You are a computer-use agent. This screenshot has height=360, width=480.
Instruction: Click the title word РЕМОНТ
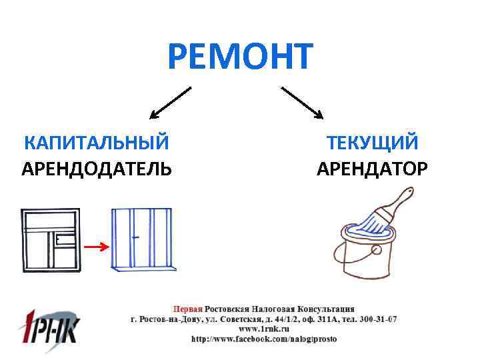click(240, 56)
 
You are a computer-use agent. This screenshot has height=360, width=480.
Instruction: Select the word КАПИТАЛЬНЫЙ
click(96, 142)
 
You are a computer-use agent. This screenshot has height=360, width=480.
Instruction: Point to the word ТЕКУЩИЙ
click(372, 142)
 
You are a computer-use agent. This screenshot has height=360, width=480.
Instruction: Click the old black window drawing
click(51, 240)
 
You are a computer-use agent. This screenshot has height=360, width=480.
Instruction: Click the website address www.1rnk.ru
click(263, 329)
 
